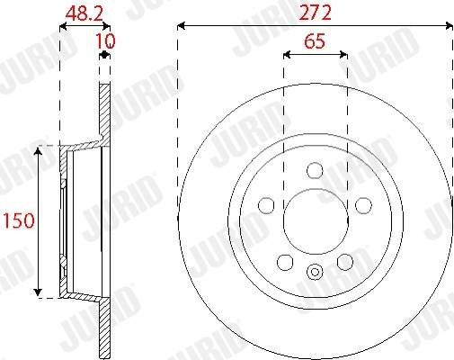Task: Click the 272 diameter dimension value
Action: (315, 13)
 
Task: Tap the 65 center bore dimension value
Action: (315, 41)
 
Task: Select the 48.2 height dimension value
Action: (85, 13)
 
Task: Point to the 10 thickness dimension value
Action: (105, 41)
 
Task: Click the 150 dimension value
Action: (19, 220)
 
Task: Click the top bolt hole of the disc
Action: (315, 170)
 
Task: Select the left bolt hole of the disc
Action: (266, 205)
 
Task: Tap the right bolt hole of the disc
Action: (363, 205)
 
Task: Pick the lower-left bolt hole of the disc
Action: (285, 262)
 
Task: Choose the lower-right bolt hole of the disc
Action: (345, 262)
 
